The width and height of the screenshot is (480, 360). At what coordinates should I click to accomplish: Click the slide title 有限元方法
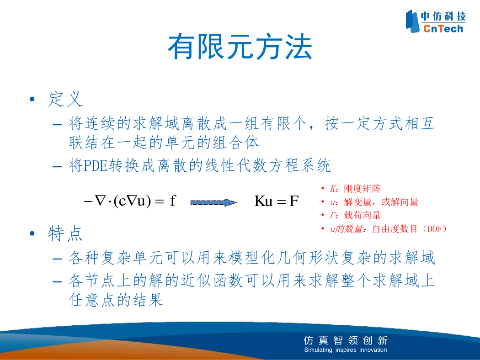(x=240, y=47)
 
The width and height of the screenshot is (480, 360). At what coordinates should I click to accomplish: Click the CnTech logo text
(x=443, y=29)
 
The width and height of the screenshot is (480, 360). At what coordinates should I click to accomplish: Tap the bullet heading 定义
(x=65, y=99)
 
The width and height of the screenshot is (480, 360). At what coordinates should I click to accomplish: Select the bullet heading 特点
(x=65, y=233)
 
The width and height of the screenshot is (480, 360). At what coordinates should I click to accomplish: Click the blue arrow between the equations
(x=213, y=202)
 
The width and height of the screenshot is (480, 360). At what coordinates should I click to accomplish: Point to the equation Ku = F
(x=277, y=201)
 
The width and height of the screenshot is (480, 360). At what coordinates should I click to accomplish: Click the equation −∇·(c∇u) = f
(x=130, y=201)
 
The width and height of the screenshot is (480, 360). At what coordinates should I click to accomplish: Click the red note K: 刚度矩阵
(x=355, y=189)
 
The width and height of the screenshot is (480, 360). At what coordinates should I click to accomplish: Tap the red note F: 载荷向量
(x=355, y=215)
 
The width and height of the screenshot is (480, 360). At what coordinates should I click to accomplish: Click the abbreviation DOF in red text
(x=435, y=229)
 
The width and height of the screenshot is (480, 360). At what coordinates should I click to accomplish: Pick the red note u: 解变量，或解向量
(x=374, y=202)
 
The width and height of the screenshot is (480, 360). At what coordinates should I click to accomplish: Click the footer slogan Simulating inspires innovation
(x=345, y=349)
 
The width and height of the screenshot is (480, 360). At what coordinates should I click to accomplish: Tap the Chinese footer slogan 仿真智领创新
(x=346, y=340)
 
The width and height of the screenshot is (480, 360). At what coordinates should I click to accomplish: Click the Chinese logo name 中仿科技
(x=443, y=16)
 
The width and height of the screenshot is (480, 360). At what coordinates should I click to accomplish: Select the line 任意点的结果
(x=116, y=300)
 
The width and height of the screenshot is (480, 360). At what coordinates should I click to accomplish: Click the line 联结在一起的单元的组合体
(x=164, y=143)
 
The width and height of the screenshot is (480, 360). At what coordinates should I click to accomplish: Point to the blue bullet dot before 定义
(x=32, y=99)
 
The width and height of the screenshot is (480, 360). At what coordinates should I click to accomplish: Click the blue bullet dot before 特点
(x=32, y=233)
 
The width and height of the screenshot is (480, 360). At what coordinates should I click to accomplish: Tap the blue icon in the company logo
(x=412, y=21)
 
